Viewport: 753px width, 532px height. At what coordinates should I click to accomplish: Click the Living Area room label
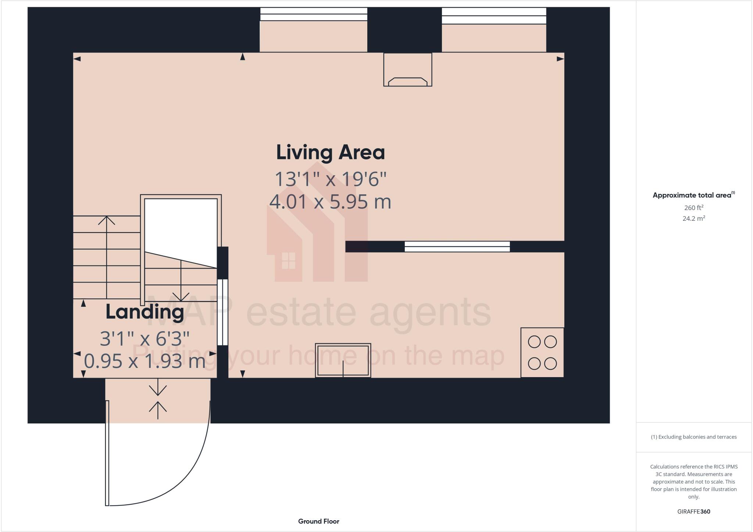(x=330, y=153)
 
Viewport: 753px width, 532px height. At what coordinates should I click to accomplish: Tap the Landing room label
(x=144, y=312)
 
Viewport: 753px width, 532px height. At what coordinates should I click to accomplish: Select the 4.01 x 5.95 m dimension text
(x=330, y=202)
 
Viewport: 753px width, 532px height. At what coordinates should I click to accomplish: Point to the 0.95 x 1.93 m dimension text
(x=144, y=361)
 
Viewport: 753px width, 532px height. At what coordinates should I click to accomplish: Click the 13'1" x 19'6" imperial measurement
(x=330, y=179)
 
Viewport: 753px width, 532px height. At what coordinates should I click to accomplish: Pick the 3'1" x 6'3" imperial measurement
(x=144, y=339)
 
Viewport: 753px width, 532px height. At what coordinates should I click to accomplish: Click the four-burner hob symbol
(x=542, y=353)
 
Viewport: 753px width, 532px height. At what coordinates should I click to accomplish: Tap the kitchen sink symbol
(x=343, y=361)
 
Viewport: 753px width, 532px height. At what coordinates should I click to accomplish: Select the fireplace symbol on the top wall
(x=407, y=70)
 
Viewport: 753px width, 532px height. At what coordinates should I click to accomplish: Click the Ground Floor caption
(x=318, y=521)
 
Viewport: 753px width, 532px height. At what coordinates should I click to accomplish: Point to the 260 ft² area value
(x=693, y=208)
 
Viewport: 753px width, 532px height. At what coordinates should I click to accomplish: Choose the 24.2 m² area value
(x=693, y=219)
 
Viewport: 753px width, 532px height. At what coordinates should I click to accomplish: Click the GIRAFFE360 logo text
(x=693, y=511)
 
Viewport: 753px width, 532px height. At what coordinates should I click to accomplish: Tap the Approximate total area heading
(x=692, y=195)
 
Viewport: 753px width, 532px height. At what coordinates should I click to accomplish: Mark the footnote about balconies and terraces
(x=693, y=437)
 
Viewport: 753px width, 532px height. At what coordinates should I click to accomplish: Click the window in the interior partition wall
(x=457, y=247)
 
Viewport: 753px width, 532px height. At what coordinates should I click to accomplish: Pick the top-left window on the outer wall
(x=314, y=14)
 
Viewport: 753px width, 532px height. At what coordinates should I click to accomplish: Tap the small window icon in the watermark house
(x=288, y=260)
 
